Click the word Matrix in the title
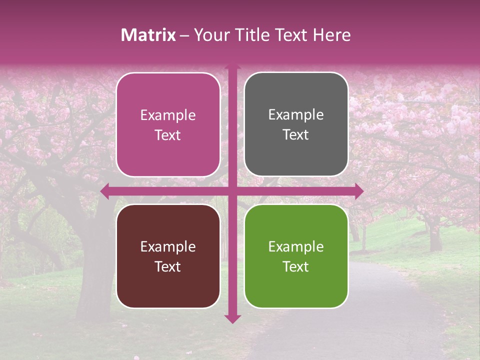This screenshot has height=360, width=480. (148, 35)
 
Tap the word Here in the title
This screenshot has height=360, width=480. (331, 35)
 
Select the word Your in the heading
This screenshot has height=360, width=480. (210, 35)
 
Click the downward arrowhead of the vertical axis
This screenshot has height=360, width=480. (232, 318)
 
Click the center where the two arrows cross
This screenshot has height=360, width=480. (232, 191)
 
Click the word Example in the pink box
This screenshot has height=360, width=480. (168, 115)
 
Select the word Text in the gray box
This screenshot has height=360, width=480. (296, 135)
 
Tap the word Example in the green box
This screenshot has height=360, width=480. (296, 246)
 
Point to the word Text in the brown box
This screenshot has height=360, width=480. (168, 266)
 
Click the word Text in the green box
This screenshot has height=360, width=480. (296, 266)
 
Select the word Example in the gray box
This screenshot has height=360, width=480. (296, 115)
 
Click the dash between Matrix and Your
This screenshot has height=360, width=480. (185, 35)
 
